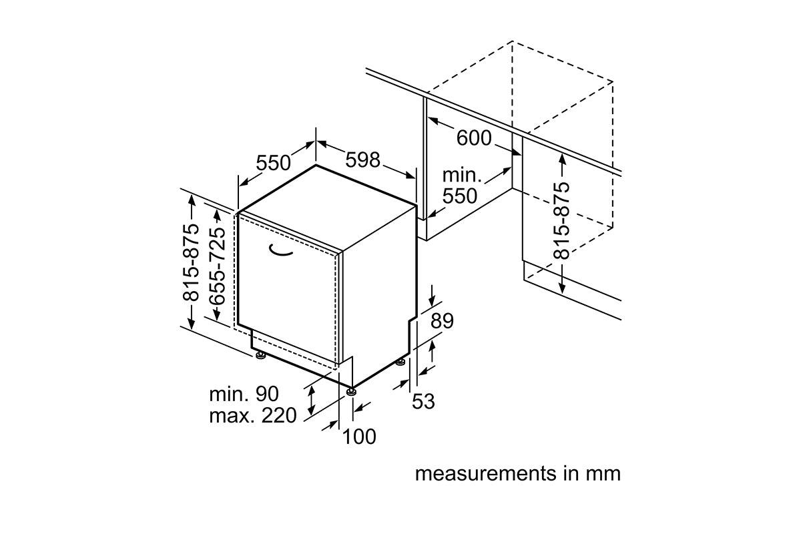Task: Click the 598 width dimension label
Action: (363, 160)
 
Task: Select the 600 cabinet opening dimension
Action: (474, 138)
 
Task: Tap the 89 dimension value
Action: (442, 321)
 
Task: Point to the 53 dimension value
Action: (423, 401)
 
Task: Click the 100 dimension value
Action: (359, 437)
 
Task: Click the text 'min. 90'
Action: (244, 394)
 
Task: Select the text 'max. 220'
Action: (252, 416)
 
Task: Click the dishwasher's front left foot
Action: (260, 355)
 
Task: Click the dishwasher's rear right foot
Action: (400, 362)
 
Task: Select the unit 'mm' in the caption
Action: (603, 474)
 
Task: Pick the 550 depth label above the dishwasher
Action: (274, 163)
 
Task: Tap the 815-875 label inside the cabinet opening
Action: (562, 221)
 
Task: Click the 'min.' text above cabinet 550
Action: (462, 176)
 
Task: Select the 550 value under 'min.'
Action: (460, 196)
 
